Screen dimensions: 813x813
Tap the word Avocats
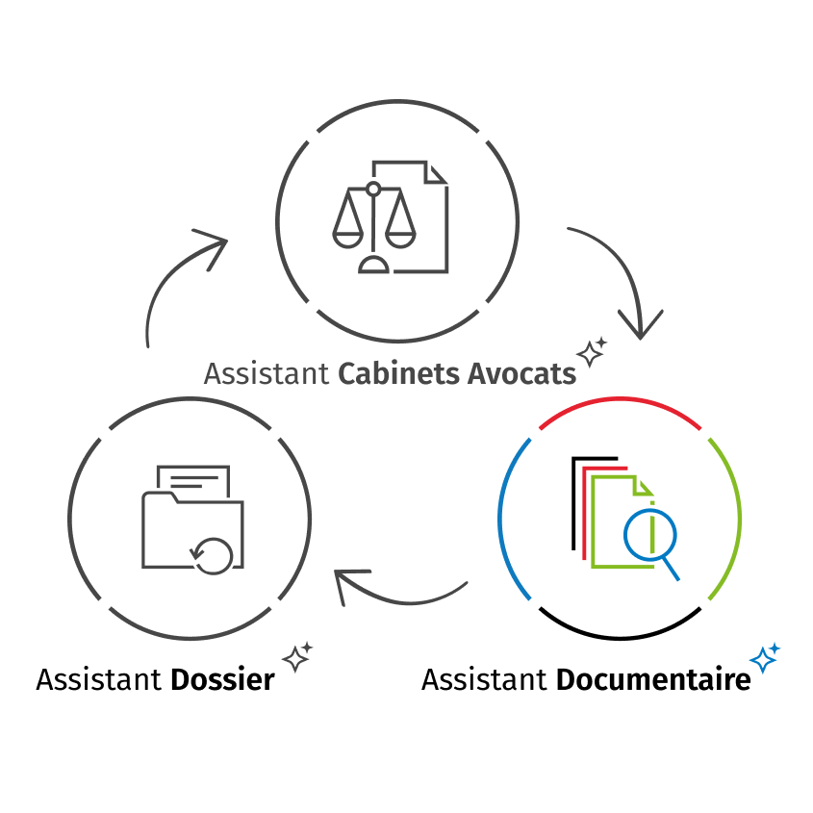(x=521, y=373)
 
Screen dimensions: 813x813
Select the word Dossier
(x=222, y=679)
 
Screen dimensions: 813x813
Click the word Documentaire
(x=653, y=679)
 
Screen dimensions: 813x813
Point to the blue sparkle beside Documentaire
(x=765, y=658)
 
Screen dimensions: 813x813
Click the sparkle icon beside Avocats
(x=592, y=352)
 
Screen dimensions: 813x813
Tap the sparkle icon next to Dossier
(x=297, y=656)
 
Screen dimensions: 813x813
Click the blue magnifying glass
(x=650, y=537)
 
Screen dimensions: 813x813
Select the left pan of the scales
(x=347, y=232)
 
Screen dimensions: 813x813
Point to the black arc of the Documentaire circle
(x=619, y=635)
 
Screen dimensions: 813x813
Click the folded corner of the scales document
(x=438, y=172)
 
